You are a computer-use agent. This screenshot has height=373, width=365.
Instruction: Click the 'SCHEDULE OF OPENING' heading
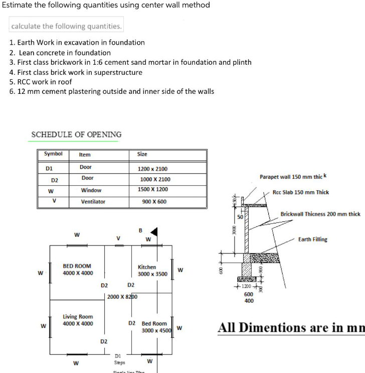[x=76, y=135]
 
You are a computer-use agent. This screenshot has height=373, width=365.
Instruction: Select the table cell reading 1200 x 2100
[x=152, y=169]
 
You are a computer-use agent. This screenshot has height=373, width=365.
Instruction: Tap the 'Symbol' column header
[x=53, y=154]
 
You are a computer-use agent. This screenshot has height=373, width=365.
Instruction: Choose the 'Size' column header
[x=142, y=155]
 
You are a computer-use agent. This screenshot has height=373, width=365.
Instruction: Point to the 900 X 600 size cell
[x=154, y=202]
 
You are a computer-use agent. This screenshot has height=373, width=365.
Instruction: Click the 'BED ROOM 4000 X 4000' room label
[x=77, y=269]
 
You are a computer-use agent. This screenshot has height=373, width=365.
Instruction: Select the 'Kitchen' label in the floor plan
[x=147, y=267]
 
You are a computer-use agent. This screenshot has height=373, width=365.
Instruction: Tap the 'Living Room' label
[x=78, y=320]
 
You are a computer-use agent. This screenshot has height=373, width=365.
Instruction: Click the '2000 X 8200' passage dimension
[x=122, y=297]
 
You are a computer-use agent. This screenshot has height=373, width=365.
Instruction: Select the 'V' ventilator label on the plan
[x=118, y=238]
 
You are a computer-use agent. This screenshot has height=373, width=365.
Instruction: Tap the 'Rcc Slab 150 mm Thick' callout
[x=301, y=192]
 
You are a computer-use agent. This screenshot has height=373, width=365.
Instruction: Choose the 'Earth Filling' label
[x=312, y=239]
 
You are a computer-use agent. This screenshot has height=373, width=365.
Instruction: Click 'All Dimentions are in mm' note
[x=291, y=328]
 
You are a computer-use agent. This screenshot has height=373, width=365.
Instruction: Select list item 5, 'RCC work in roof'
[x=41, y=81]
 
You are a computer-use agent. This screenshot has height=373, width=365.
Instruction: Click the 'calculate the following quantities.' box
[x=66, y=26]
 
